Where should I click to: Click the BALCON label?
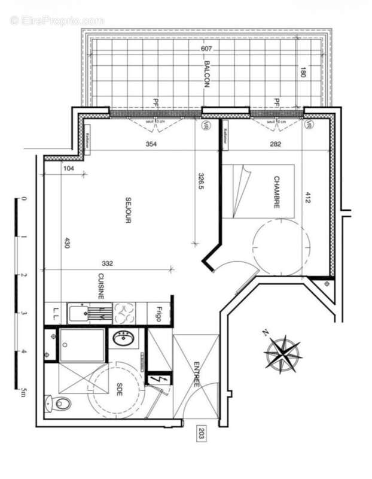(206, 74)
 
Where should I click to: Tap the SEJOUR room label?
(127, 210)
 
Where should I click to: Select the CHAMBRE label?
(277, 192)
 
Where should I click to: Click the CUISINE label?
(102, 286)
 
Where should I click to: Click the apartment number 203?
(201, 434)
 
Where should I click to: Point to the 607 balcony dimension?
(206, 48)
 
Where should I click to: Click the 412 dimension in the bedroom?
(309, 198)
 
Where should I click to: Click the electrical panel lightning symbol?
(158, 380)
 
